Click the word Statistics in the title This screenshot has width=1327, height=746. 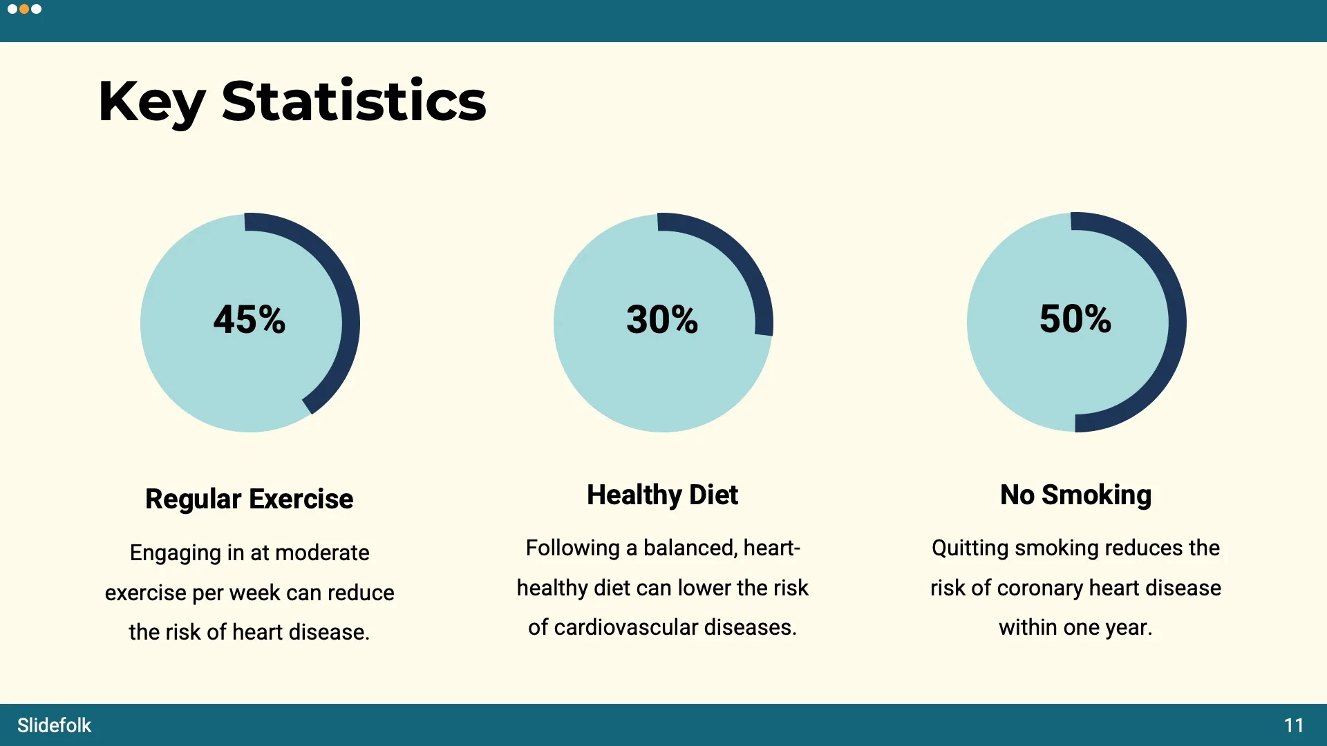point(354,102)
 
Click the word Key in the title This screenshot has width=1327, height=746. point(151,102)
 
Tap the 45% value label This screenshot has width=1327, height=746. point(250,320)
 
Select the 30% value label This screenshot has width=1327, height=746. point(662,320)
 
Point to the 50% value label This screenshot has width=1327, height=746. point(1075,319)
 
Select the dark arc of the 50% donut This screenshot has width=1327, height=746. point(1177,323)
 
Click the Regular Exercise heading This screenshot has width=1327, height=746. point(250,499)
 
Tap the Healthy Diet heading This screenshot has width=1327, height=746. point(662,495)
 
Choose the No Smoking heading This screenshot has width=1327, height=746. point(1075,495)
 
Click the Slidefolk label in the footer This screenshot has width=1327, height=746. point(54,725)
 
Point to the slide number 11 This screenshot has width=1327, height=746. point(1293,725)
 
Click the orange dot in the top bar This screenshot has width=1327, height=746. point(24,9)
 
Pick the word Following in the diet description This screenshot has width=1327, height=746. point(572,548)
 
